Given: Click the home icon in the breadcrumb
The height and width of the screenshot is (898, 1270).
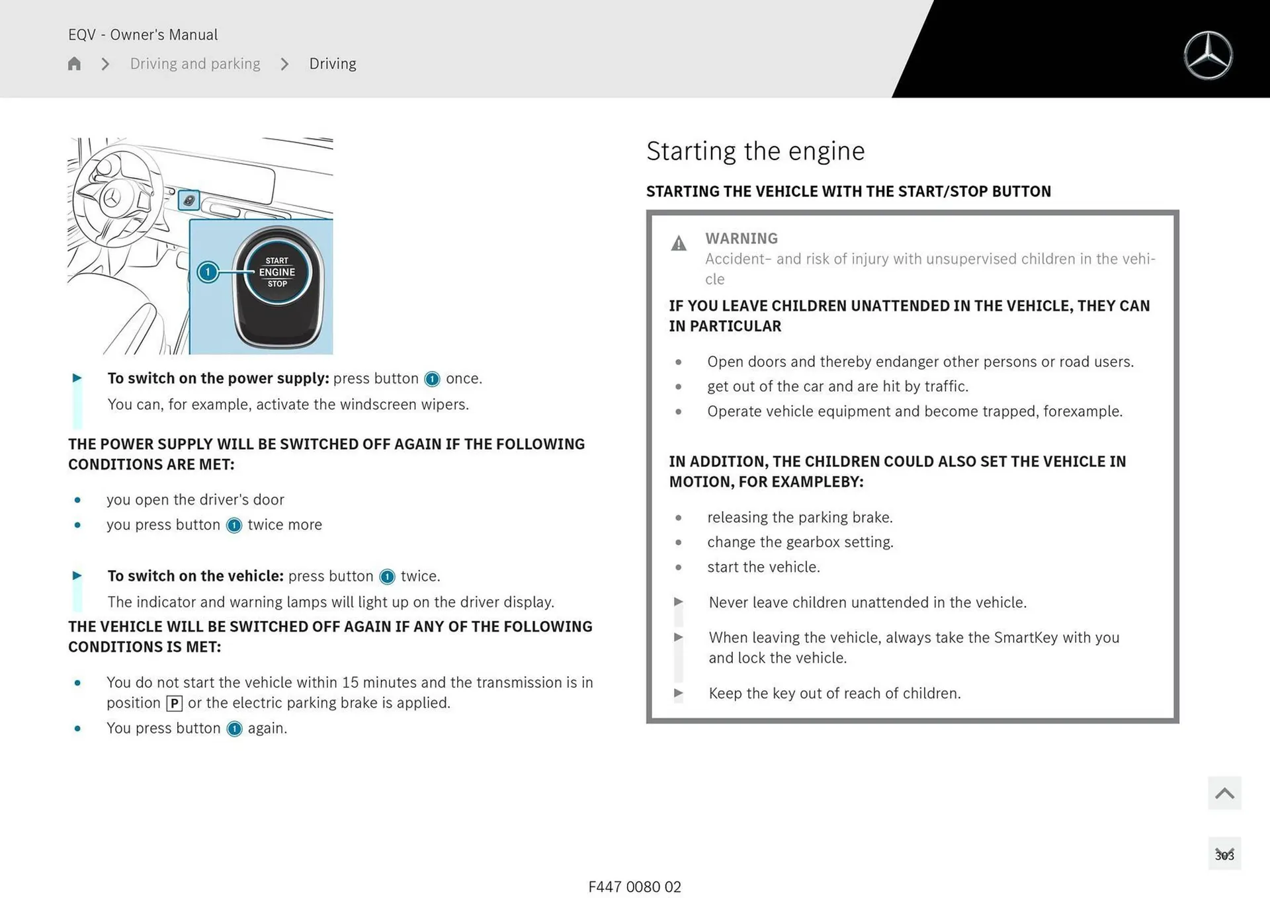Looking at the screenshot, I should (x=74, y=63).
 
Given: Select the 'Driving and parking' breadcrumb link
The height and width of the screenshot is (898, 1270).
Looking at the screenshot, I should (x=195, y=63).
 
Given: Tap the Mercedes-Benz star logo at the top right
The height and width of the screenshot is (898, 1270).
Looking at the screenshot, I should (x=1208, y=56).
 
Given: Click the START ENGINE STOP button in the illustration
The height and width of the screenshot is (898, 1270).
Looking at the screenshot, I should (x=277, y=272).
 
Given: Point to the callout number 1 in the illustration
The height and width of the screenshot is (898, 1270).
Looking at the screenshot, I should (x=208, y=272).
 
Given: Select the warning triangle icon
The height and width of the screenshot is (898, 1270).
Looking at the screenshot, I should (x=679, y=244).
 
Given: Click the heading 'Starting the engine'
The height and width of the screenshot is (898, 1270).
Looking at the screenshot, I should (x=755, y=151).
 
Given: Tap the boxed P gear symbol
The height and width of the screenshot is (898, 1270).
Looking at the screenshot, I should (x=174, y=704).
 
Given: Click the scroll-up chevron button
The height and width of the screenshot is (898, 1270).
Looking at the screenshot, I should (x=1224, y=793).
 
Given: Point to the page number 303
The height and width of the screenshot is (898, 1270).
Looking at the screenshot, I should (x=1224, y=855).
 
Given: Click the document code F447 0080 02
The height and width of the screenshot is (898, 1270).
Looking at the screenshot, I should (x=634, y=887).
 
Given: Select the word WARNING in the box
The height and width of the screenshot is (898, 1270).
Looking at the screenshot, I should (x=741, y=238).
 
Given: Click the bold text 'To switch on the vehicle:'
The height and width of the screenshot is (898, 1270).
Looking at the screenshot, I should (x=195, y=576).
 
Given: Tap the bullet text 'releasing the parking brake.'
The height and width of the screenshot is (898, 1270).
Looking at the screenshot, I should (x=800, y=517).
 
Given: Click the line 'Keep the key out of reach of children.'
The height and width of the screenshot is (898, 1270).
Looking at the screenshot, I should (x=834, y=693).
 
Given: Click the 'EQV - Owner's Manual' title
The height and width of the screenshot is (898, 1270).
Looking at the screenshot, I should (x=143, y=34).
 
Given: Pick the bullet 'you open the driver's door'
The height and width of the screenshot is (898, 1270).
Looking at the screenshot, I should (x=195, y=499).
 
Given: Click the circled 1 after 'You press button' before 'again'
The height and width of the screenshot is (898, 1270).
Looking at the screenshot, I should (x=234, y=729).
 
